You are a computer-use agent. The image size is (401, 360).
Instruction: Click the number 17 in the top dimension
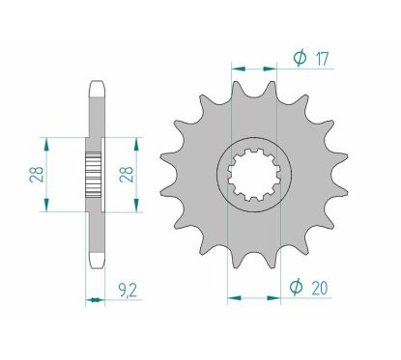321,60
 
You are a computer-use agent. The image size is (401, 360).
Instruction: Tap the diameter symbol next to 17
299,60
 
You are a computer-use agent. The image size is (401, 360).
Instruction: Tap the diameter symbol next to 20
299,285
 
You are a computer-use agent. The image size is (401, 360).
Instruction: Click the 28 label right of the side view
124,175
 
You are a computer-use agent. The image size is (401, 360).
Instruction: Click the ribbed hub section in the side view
94,175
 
